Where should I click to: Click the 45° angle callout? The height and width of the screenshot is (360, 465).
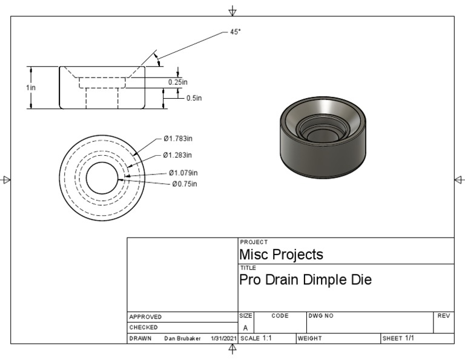click(235, 32)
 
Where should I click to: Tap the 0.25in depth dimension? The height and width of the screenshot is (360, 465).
click(178, 82)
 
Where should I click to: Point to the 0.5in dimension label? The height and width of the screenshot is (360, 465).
click(194, 98)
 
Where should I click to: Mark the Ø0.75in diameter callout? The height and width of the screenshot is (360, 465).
click(184, 184)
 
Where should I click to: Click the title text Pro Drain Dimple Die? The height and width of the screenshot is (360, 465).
click(305, 280)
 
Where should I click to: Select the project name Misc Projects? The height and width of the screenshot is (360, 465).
click(281, 255)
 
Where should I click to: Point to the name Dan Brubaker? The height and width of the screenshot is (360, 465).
click(183, 338)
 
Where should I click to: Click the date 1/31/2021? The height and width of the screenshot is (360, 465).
click(223, 338)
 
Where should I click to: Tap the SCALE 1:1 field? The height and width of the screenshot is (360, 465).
click(257, 338)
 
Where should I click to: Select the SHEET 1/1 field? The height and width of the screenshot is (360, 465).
click(398, 338)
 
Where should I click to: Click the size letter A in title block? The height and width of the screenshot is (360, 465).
click(245, 327)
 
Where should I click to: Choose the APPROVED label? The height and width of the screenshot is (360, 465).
click(146, 316)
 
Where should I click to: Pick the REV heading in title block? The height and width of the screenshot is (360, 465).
click(443, 316)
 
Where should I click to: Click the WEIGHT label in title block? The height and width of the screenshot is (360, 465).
click(309, 338)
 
